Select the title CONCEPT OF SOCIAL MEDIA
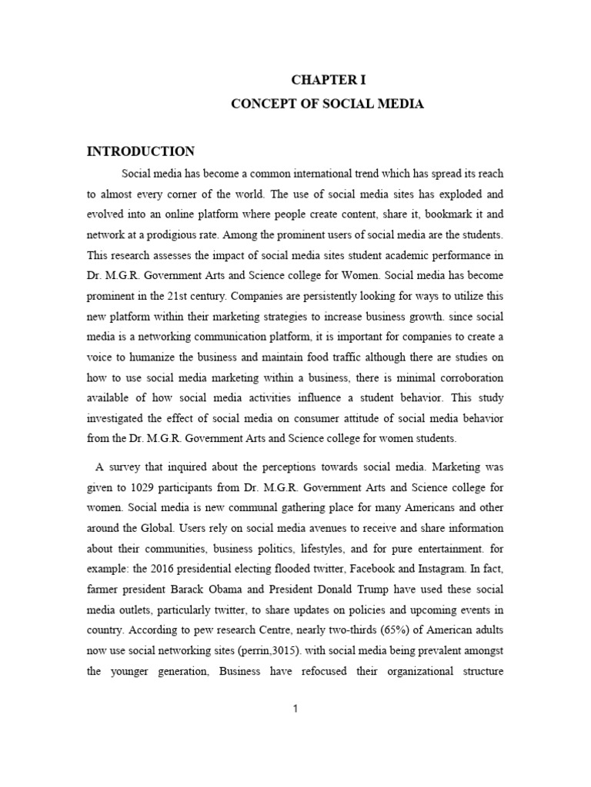click(328, 104)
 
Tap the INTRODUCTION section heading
click(141, 151)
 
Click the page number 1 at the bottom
click(295, 709)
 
